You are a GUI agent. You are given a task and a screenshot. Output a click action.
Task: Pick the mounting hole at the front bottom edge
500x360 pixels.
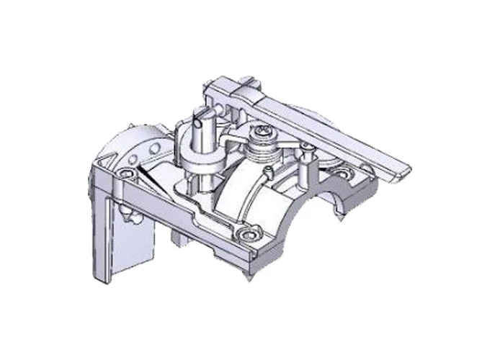250,234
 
